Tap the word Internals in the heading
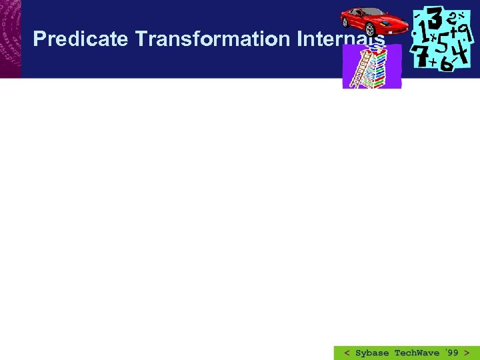(x=341, y=39)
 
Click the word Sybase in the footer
(x=372, y=353)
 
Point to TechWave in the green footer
(x=417, y=353)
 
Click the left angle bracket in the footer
(x=347, y=353)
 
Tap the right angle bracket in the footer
(x=467, y=353)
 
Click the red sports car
(x=374, y=23)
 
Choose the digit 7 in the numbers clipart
(x=421, y=57)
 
